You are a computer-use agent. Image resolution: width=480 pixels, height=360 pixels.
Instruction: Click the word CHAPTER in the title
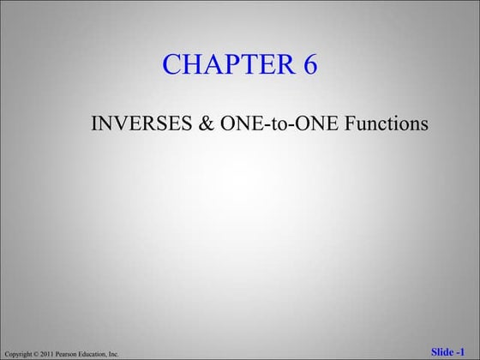pyautogui.click(x=225, y=64)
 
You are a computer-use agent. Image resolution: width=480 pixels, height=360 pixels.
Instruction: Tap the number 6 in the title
pyautogui.click(x=309, y=64)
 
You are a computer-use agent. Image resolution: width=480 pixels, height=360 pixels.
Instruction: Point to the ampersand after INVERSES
pyautogui.click(x=207, y=124)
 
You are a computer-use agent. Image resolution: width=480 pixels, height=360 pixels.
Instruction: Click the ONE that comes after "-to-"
pyautogui.click(x=316, y=124)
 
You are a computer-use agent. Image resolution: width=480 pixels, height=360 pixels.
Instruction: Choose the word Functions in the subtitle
pyautogui.click(x=387, y=124)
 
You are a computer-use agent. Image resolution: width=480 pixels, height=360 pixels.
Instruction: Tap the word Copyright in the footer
pyautogui.click(x=18, y=354)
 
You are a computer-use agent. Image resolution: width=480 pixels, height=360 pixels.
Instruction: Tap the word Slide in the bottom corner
pyautogui.click(x=443, y=352)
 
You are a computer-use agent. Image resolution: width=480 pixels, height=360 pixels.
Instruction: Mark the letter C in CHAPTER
pyautogui.click(x=172, y=64)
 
